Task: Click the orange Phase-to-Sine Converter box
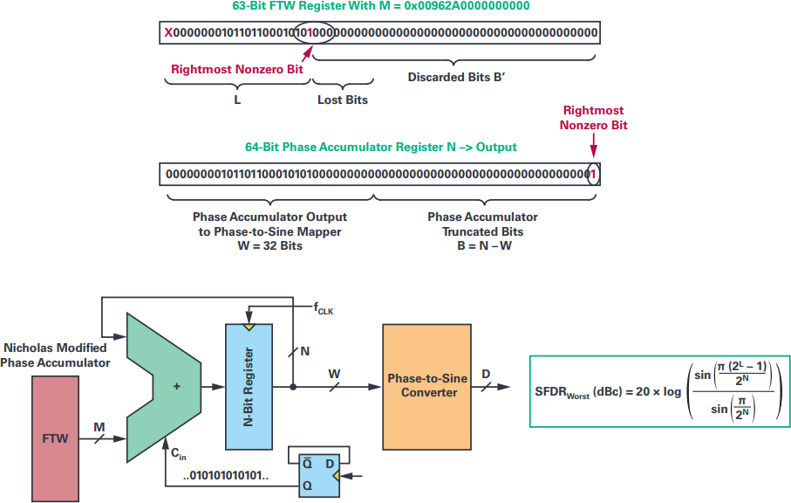pyautogui.click(x=426, y=385)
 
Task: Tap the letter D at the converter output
pyautogui.click(x=486, y=375)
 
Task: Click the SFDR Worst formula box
pyautogui.click(x=658, y=390)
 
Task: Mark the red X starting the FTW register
pyautogui.click(x=168, y=33)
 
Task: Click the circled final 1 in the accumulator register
pyautogui.click(x=595, y=174)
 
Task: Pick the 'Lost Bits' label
pyautogui.click(x=342, y=100)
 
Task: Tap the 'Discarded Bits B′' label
pyautogui.click(x=457, y=77)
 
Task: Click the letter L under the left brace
pyautogui.click(x=237, y=100)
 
